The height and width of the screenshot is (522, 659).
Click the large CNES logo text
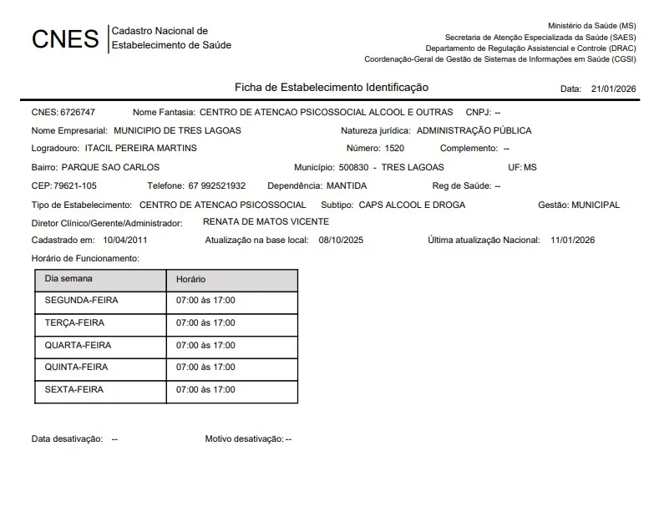(x=65, y=38)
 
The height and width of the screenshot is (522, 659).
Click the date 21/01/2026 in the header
(x=613, y=89)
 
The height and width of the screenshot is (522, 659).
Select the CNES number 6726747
(x=79, y=112)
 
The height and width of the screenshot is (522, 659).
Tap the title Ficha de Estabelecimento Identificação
(x=332, y=87)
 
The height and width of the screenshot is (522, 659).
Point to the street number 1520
(x=394, y=149)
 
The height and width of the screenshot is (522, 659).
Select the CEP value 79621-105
(x=75, y=185)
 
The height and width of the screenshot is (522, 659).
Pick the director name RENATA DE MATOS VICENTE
(x=266, y=222)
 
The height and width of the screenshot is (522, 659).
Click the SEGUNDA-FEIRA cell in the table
(x=82, y=301)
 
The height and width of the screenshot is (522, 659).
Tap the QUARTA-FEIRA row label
(x=78, y=345)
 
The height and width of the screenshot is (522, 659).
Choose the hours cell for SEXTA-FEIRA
(x=205, y=389)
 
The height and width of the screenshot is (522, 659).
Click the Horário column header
(x=190, y=279)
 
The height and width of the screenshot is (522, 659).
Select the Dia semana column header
(x=68, y=278)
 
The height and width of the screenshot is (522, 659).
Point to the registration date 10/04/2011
(x=125, y=241)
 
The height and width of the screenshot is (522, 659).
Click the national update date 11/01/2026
(x=573, y=241)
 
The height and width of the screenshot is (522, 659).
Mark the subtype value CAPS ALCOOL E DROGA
(x=412, y=205)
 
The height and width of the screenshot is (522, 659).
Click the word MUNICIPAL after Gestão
(x=596, y=205)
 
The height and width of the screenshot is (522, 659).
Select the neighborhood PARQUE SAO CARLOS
(x=111, y=167)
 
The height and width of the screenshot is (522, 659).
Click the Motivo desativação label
(x=244, y=438)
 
